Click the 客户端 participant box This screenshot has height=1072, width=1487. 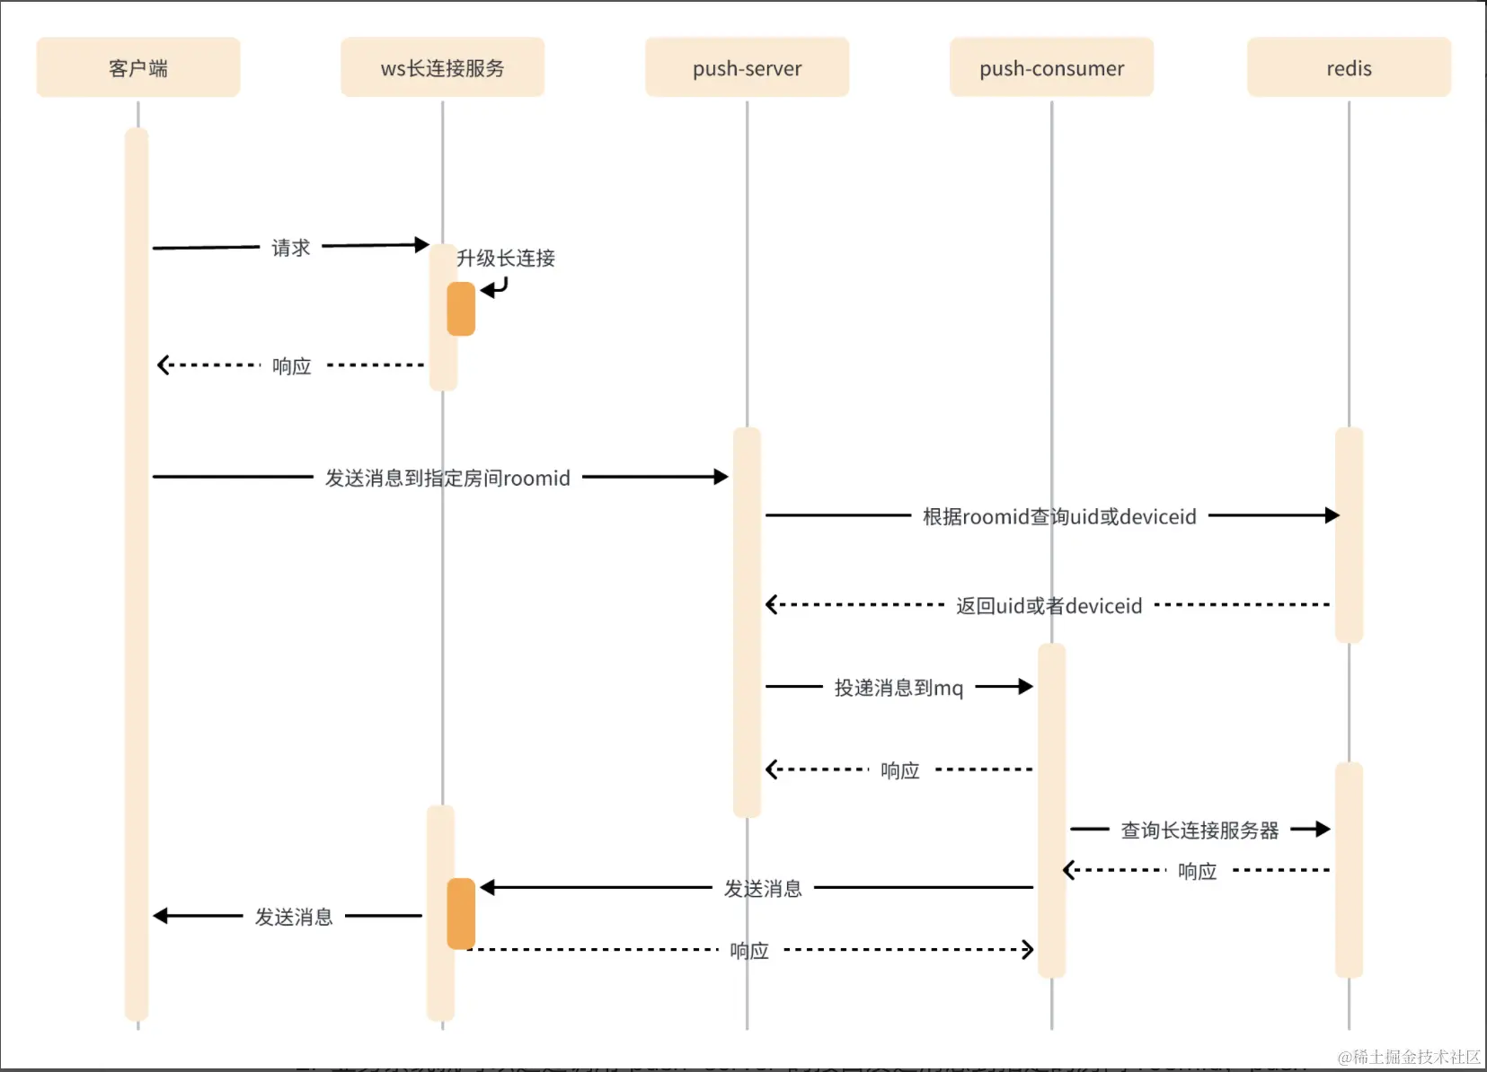137,67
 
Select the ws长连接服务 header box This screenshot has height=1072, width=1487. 442,67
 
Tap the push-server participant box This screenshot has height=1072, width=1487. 747,67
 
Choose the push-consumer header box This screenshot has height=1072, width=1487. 1051,67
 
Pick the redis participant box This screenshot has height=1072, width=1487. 1349,67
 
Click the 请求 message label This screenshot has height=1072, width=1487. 291,248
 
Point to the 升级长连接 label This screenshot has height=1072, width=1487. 506,259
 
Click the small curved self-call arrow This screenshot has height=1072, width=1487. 495,288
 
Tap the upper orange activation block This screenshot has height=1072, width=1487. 461,309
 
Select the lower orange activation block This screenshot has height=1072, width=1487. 461,913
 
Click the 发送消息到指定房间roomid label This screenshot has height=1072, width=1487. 447,478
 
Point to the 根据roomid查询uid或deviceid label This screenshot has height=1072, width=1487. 1059,516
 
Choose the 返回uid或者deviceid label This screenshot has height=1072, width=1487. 1049,606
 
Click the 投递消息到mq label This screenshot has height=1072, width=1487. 898,688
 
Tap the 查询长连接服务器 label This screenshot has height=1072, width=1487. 1199,830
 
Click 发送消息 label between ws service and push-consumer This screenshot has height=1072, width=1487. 763,889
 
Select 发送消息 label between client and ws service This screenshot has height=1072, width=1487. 294,917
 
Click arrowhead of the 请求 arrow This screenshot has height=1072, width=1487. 422,244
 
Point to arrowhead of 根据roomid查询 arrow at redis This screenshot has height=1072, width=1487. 1332,515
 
